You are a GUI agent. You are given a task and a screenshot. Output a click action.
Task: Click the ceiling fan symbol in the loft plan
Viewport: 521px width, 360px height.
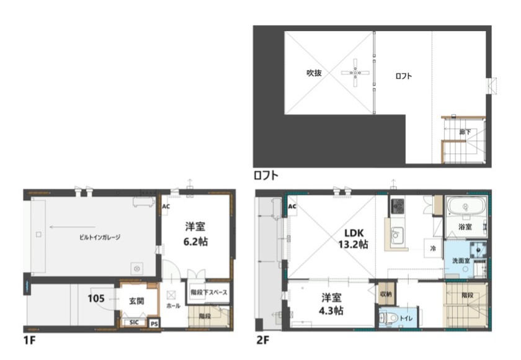point(356,73)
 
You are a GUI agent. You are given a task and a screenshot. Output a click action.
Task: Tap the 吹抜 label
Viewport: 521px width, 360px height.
point(314,73)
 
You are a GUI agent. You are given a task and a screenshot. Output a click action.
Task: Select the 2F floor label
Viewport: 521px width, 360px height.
point(262,340)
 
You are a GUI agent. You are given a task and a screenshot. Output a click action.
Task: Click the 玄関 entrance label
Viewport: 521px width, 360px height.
point(136,300)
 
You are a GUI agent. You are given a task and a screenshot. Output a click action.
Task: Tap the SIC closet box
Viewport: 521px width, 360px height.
point(134,322)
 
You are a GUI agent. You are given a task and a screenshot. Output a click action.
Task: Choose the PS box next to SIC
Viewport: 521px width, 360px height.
point(154,323)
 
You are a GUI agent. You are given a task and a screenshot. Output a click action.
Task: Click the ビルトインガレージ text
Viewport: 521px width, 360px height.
point(99,237)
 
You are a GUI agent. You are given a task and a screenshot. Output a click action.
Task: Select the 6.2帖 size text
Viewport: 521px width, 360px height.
point(195,241)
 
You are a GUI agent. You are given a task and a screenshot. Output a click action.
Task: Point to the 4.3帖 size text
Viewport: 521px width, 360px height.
point(332,310)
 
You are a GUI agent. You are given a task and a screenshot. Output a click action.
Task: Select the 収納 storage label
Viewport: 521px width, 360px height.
point(385,294)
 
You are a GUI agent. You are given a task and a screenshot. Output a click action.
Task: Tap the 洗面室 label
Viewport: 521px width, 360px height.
point(460,259)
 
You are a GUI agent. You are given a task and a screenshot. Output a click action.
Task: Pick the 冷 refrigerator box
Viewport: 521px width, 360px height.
point(432,247)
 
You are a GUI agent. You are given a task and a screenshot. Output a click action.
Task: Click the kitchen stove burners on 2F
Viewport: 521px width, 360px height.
point(398,205)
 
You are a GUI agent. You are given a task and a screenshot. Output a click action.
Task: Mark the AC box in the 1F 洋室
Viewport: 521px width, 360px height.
point(166,206)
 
